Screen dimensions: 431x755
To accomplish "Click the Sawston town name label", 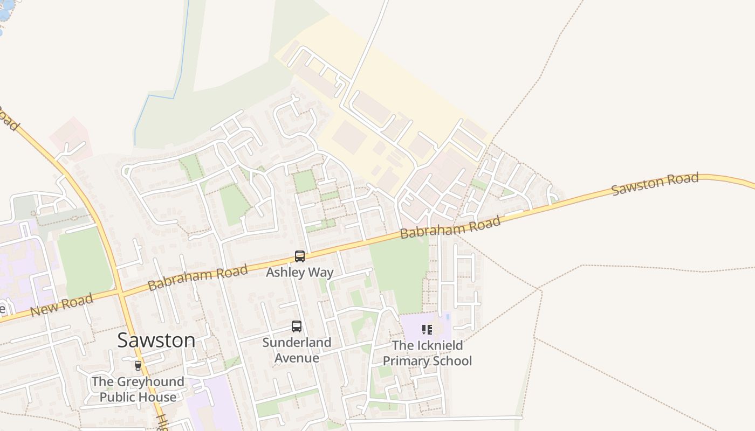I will (156, 340).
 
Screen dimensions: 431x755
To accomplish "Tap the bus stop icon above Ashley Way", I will (300, 256).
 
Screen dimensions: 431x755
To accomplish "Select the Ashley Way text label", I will (300, 273).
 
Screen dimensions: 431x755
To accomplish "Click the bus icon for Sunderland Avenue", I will (297, 326).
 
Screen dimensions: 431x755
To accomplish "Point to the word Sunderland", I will (297, 343).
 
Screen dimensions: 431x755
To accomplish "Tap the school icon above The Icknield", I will (427, 329).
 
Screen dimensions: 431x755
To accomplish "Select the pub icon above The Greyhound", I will (138, 365).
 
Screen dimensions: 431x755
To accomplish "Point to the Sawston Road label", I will (655, 184).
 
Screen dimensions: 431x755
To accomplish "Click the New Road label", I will (61, 305).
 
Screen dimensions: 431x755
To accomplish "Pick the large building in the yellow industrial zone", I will (349, 137).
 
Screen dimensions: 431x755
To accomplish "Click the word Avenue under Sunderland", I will (297, 358).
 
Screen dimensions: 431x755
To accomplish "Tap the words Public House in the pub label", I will (138, 398).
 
